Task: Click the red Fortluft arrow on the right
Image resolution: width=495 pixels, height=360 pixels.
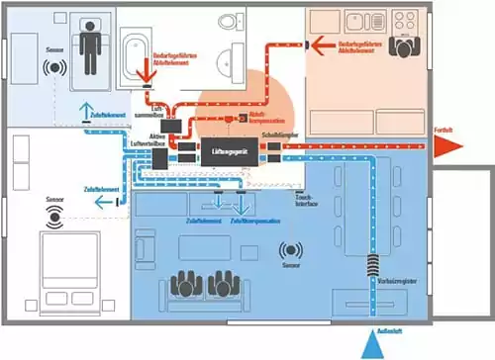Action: pos(446,142)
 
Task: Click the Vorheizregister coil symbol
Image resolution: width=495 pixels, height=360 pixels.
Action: pos(373,265)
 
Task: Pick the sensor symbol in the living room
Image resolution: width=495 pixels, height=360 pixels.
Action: pos(291,251)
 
